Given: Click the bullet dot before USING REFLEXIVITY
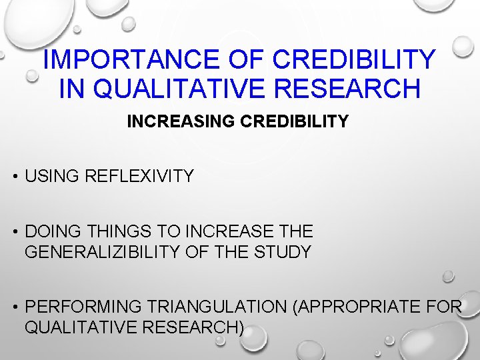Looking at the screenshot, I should tap(14, 177).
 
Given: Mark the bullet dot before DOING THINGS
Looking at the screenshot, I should tap(14, 232).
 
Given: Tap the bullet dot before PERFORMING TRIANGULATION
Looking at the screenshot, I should tap(14, 307).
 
